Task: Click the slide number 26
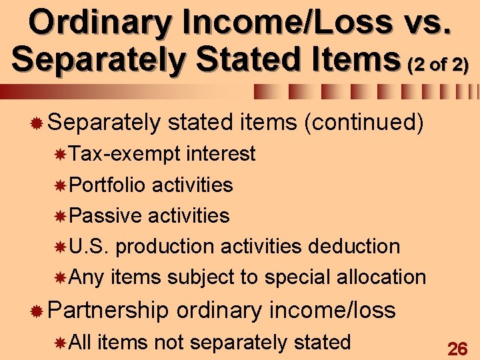[x=457, y=348]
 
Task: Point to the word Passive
[x=105, y=215]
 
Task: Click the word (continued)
[x=363, y=122]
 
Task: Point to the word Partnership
[x=109, y=309]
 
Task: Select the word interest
[x=221, y=154]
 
